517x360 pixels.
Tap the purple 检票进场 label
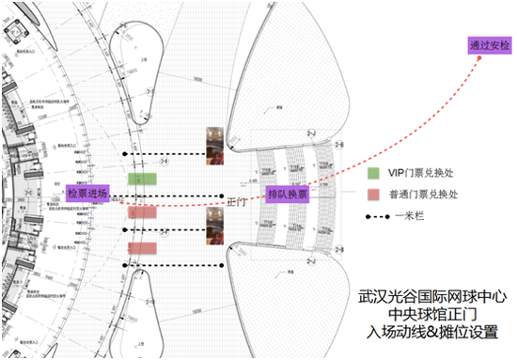click(86, 193)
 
